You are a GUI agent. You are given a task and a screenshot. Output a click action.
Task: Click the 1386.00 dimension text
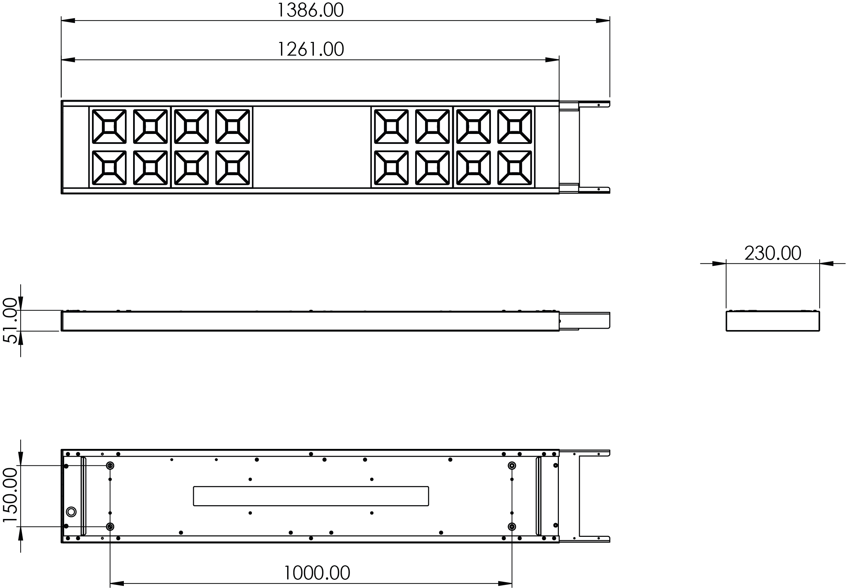310,10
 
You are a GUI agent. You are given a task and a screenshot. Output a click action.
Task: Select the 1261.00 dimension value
310,49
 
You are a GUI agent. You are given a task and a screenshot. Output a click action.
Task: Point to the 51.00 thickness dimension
10,320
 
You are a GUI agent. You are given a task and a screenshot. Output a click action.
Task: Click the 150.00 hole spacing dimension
10,495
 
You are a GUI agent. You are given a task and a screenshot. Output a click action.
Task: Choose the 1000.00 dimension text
317,573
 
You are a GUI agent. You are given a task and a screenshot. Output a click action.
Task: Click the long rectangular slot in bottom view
311,496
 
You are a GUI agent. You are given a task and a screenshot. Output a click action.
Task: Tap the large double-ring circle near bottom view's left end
71,512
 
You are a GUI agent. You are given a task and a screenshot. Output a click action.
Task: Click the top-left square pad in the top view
109,126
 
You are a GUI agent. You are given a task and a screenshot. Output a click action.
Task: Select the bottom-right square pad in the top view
515,168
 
